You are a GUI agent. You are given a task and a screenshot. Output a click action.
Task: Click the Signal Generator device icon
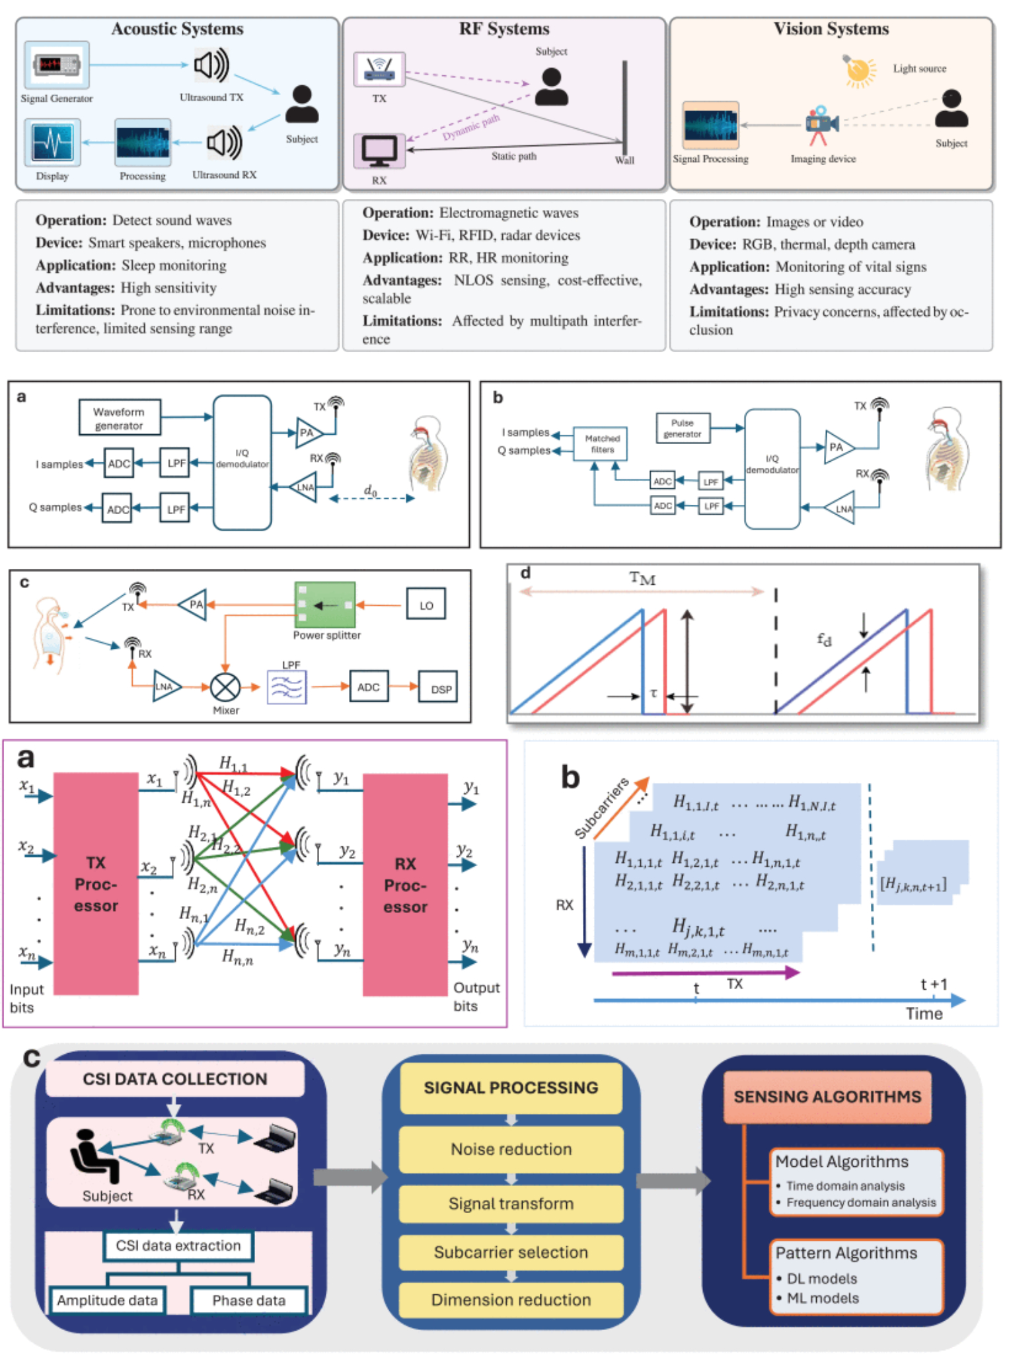57,65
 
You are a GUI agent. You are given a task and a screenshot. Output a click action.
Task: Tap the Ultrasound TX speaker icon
211,65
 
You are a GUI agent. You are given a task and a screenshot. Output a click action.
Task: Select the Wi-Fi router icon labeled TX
379,69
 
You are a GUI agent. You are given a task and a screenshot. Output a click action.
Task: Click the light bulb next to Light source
859,71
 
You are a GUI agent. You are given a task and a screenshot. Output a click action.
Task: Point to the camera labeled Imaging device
821,124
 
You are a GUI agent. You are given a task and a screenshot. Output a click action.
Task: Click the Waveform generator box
119,418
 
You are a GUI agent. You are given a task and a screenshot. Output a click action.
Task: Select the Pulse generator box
683,428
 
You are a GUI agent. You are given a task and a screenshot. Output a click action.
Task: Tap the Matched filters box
602,443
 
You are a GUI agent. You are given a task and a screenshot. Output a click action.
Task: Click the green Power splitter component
324,605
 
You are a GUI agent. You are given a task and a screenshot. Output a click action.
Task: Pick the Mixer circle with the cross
225,687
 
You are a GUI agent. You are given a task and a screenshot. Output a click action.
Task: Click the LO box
426,605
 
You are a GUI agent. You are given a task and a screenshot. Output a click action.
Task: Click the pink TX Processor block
96,884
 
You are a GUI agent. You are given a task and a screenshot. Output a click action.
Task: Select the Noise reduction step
511,1149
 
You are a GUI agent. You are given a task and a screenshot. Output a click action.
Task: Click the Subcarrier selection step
511,1252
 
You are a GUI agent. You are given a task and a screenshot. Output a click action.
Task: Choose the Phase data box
248,1300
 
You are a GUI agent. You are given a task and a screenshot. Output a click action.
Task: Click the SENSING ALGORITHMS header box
827,1097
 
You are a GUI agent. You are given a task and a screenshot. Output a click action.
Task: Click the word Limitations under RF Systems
401,321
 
